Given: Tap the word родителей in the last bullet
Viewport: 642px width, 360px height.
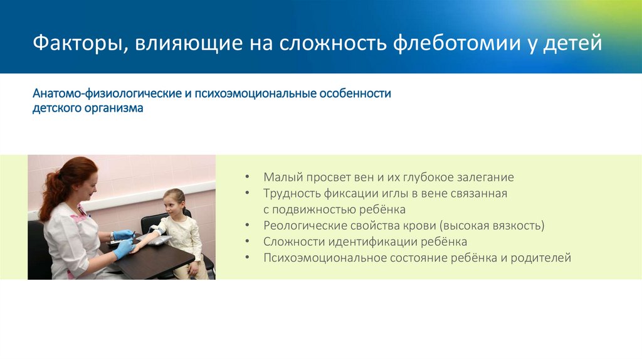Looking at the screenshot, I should [540, 258].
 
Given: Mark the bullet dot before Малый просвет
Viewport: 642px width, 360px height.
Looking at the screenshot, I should [248, 177].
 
